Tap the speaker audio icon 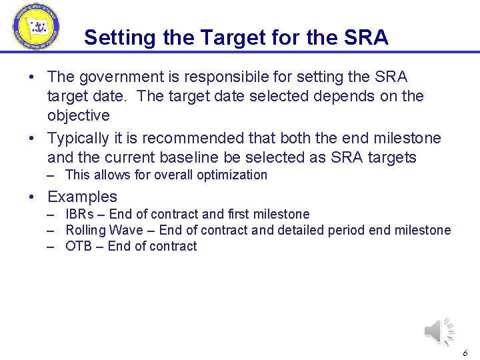click(x=439, y=331)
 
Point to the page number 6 click(x=465, y=353)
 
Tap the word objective click(x=78, y=115)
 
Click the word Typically click(x=78, y=138)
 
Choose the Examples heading click(x=82, y=197)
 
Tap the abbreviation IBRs click(x=81, y=214)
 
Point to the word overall click(x=174, y=175)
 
